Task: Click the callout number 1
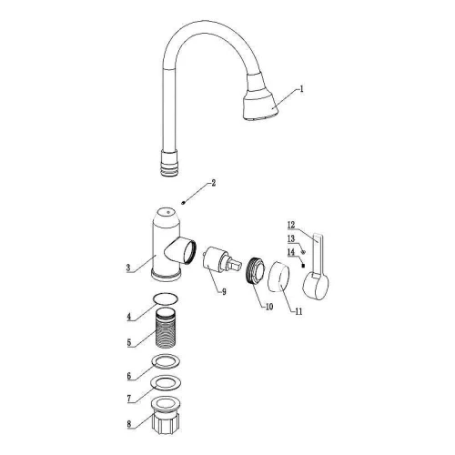click(301, 89)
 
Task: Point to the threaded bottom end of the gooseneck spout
click(169, 163)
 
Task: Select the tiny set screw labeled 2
click(183, 203)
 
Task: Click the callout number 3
click(128, 268)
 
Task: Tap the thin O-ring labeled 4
click(166, 298)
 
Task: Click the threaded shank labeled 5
click(166, 328)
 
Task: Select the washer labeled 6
click(166, 361)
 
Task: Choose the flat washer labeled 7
click(167, 383)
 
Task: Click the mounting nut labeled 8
click(166, 415)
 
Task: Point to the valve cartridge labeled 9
click(221, 260)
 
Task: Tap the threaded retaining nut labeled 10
click(255, 270)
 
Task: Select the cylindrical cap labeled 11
click(278, 277)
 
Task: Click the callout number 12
click(291, 225)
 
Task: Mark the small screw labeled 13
click(303, 252)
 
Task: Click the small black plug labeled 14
click(302, 266)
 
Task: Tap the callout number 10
click(269, 307)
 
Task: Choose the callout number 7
click(129, 399)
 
